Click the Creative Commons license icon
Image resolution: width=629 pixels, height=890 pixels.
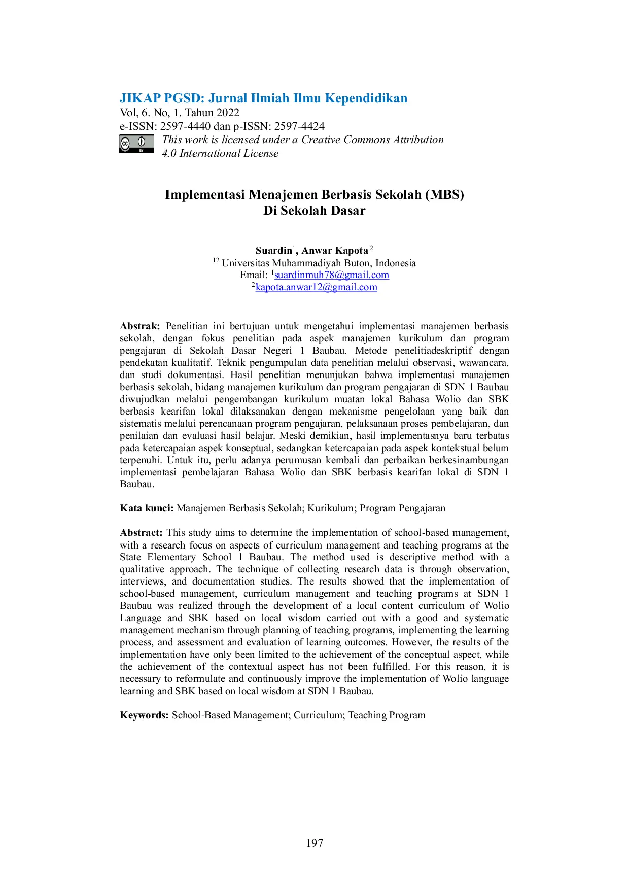click(x=136, y=144)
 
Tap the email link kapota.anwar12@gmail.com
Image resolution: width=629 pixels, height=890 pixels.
click(x=317, y=287)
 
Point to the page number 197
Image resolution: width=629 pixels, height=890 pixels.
click(x=314, y=843)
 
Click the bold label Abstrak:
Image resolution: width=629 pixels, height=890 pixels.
click(x=140, y=326)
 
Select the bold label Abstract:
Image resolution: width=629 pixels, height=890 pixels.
click(x=141, y=533)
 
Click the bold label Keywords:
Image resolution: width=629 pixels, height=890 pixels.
click(x=144, y=715)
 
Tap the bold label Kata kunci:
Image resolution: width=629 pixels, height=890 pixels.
click(x=147, y=508)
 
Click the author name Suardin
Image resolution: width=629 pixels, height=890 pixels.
click(x=274, y=251)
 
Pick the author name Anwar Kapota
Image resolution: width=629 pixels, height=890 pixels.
click(x=335, y=251)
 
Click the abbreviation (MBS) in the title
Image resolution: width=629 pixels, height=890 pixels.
click(x=445, y=195)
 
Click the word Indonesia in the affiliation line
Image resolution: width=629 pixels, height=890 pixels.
click(x=396, y=263)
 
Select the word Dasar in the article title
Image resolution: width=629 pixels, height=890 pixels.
click(x=347, y=211)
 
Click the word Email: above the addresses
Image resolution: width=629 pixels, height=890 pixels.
click(x=254, y=275)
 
